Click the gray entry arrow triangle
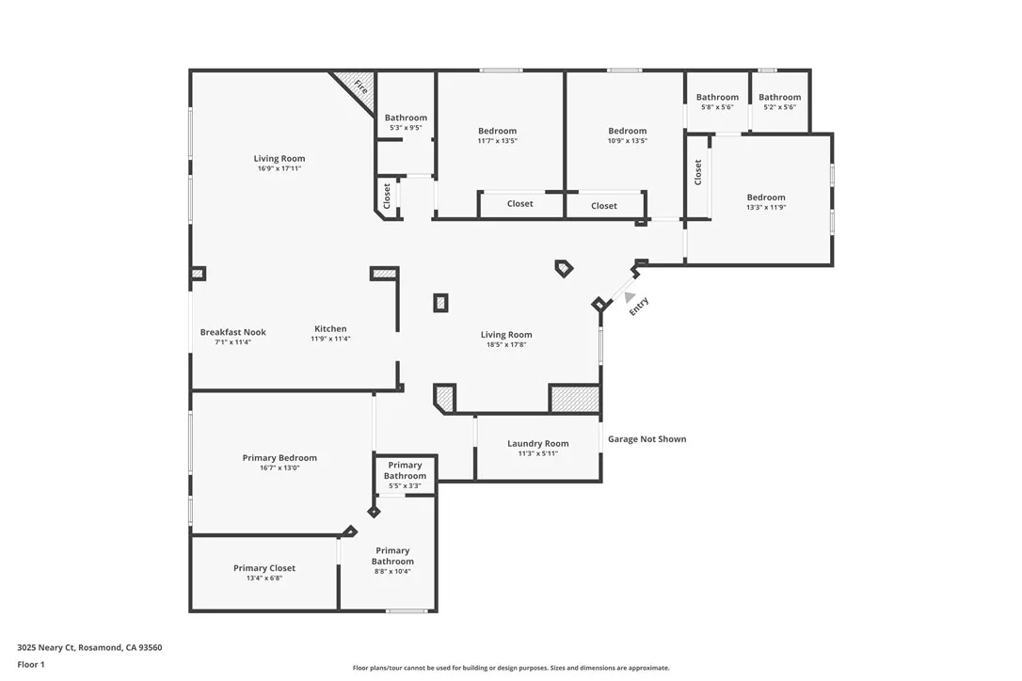coord(630,297)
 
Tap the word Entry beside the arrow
coord(639,307)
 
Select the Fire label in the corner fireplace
coord(360,86)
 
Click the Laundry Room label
coord(537,444)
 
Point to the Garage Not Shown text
coord(647,439)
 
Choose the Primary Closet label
coord(264,568)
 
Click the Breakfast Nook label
coord(232,332)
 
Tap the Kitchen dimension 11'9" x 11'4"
coord(330,340)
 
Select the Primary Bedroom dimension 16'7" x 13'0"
coord(279,467)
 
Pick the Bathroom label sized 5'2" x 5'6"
coord(779,97)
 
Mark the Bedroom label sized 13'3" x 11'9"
coord(766,198)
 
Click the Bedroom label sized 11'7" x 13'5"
coord(497,131)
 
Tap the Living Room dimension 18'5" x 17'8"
coord(506,345)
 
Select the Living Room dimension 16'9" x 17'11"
coord(279,168)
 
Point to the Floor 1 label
coord(31,664)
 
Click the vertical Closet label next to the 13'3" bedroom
coord(698,172)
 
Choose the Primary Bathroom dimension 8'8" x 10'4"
coord(392,571)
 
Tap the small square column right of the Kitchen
coord(440,303)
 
